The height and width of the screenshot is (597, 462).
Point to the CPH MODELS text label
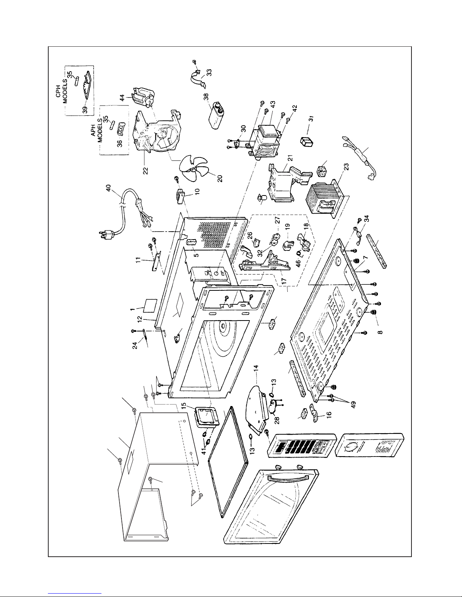tap(61, 91)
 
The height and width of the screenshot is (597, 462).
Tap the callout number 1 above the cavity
tap(133, 309)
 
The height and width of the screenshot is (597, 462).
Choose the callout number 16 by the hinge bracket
tap(328, 414)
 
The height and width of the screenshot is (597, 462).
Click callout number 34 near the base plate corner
tap(366, 218)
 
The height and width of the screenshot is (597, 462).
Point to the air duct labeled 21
tap(289, 181)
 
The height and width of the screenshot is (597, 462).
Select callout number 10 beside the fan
tap(197, 191)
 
